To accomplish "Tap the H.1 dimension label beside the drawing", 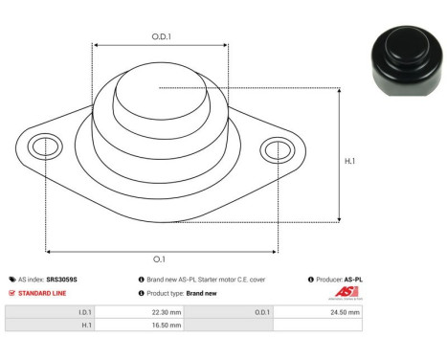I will coord(350,161).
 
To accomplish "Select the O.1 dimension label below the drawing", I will coord(158,259).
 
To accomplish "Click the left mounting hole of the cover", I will coord(43,147).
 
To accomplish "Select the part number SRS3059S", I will coord(62,280).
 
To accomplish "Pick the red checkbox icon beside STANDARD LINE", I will coord(11,293).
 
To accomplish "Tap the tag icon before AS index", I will coord(11,280).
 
